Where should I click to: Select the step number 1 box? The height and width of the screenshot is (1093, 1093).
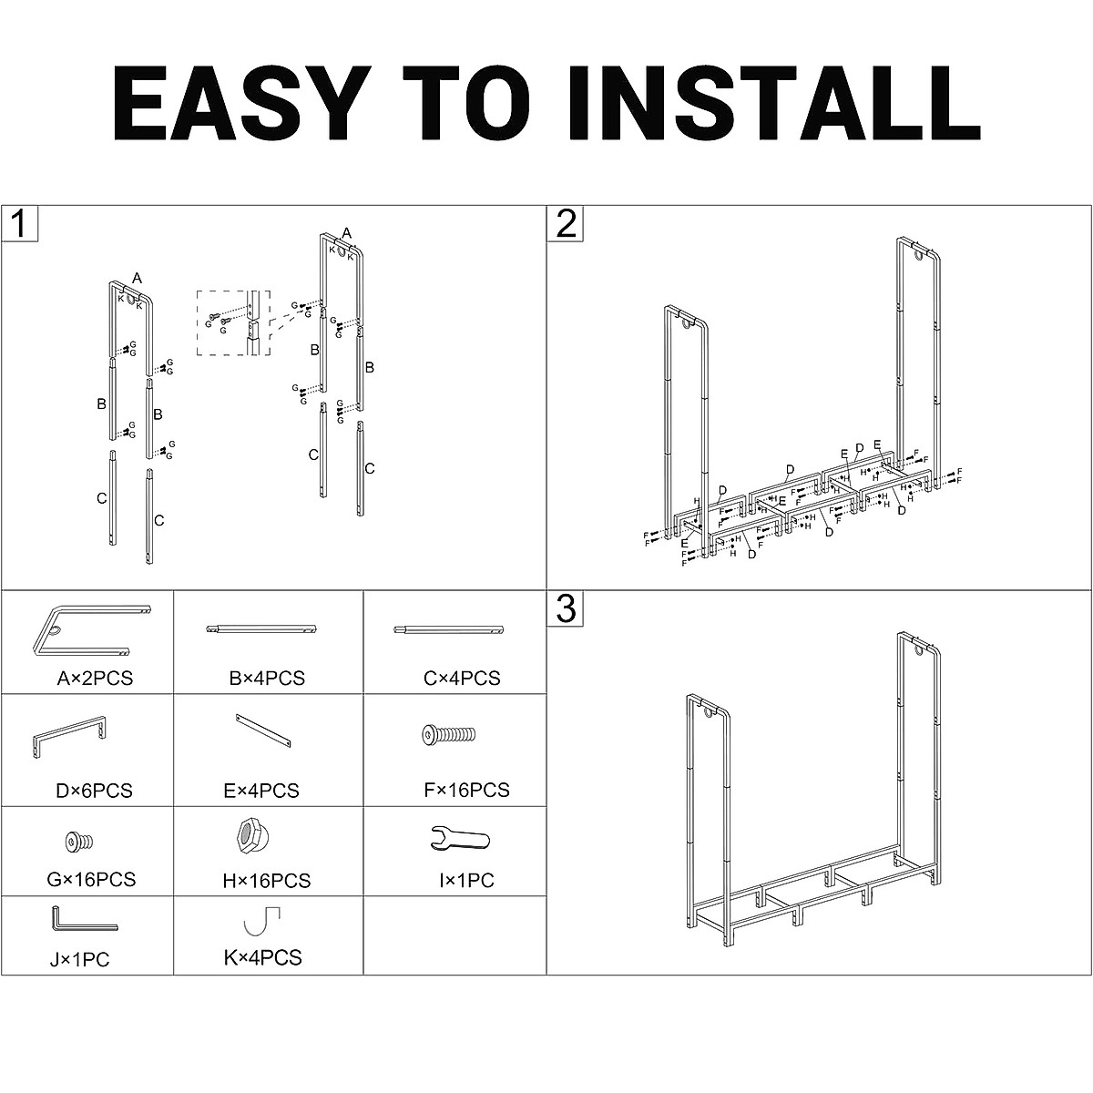tap(18, 223)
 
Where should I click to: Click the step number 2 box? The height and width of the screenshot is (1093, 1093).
tap(566, 223)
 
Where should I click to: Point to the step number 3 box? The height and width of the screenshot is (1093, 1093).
tap(566, 608)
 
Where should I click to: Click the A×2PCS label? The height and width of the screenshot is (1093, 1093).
tap(95, 678)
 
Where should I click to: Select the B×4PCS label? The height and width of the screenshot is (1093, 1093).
tap(267, 678)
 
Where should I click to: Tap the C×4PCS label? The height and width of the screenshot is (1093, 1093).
tap(462, 678)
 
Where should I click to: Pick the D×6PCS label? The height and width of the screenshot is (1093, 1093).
tap(94, 790)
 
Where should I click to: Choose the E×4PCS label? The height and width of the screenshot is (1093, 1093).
tap(260, 790)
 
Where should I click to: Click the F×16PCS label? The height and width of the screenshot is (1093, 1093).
tap(465, 790)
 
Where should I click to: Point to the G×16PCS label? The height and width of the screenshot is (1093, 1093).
tap(91, 879)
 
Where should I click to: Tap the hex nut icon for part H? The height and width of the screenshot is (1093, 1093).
tap(247, 835)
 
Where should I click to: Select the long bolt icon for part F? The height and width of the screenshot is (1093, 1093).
tap(449, 734)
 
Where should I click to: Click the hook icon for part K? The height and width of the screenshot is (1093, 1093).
tap(261, 921)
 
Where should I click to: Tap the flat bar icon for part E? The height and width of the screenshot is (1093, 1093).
tap(263, 730)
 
